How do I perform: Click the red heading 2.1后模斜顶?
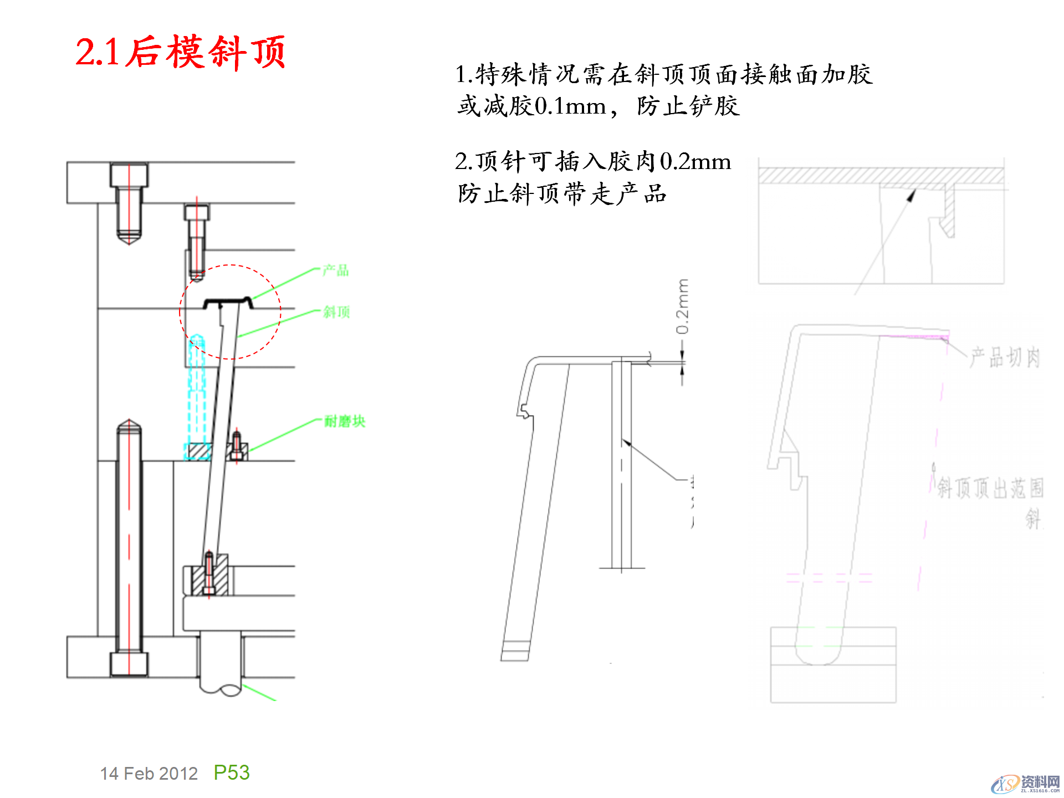180,52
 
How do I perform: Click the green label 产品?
336,270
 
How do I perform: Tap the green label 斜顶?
336,312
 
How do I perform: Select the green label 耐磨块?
344,421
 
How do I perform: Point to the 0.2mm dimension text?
682,306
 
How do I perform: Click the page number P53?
232,773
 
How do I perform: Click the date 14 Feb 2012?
149,774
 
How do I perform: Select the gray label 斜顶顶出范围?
990,488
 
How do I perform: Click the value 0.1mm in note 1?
570,106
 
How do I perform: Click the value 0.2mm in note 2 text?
695,162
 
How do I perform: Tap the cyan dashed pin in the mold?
197,388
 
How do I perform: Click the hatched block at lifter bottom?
209,576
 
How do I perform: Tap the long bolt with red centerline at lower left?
129,538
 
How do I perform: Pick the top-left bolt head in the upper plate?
129,175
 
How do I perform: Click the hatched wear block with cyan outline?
197,452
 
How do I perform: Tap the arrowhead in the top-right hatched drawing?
912,195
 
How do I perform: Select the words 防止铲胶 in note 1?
688,106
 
